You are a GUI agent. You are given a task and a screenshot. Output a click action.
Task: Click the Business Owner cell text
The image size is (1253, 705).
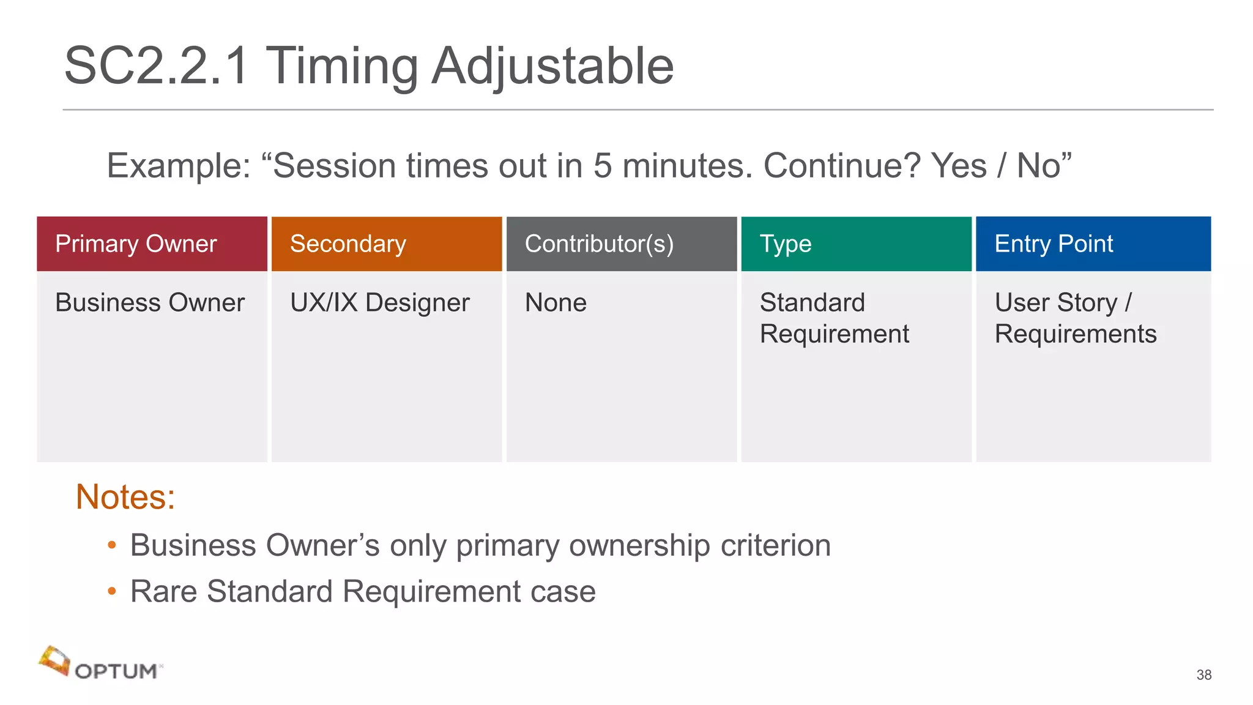(x=150, y=302)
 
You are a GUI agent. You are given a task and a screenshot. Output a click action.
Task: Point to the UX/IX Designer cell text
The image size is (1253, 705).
(x=380, y=302)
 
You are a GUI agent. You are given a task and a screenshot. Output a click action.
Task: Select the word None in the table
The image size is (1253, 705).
(x=556, y=302)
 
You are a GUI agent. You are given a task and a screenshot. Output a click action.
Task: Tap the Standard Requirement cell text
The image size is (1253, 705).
(x=833, y=318)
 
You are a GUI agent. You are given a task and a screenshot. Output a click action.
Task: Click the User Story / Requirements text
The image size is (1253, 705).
(x=1075, y=318)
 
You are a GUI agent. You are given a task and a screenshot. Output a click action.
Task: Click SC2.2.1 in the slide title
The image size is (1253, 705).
(x=157, y=65)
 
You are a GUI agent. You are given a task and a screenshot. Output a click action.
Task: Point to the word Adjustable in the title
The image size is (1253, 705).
(x=552, y=65)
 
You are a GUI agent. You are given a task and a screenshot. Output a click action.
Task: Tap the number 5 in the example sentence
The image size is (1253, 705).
(x=603, y=166)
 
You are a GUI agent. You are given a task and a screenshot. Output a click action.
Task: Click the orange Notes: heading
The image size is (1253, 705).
(x=125, y=496)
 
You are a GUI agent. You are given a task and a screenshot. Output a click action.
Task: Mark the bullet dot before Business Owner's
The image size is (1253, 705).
(x=111, y=545)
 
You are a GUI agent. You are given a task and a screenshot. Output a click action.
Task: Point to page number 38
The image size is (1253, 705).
(x=1203, y=674)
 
